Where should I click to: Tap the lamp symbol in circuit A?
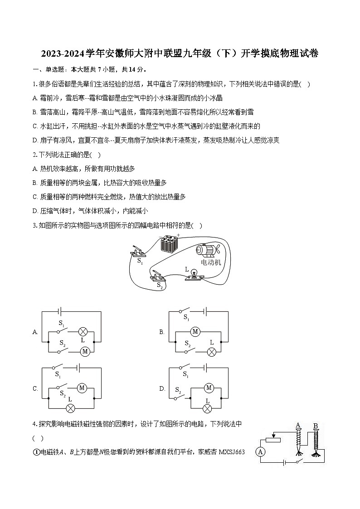tap(83, 331)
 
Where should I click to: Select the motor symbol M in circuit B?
tap(195, 332)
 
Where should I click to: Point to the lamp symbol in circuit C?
tap(71, 408)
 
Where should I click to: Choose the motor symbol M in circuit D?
tap(209, 388)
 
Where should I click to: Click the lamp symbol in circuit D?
tap(207, 408)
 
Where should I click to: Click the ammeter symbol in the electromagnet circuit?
tap(260, 451)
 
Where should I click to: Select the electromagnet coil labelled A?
tap(298, 440)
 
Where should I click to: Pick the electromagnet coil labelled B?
tap(316, 440)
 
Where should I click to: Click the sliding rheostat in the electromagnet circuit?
tap(273, 439)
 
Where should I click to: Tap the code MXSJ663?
tap(231, 451)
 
